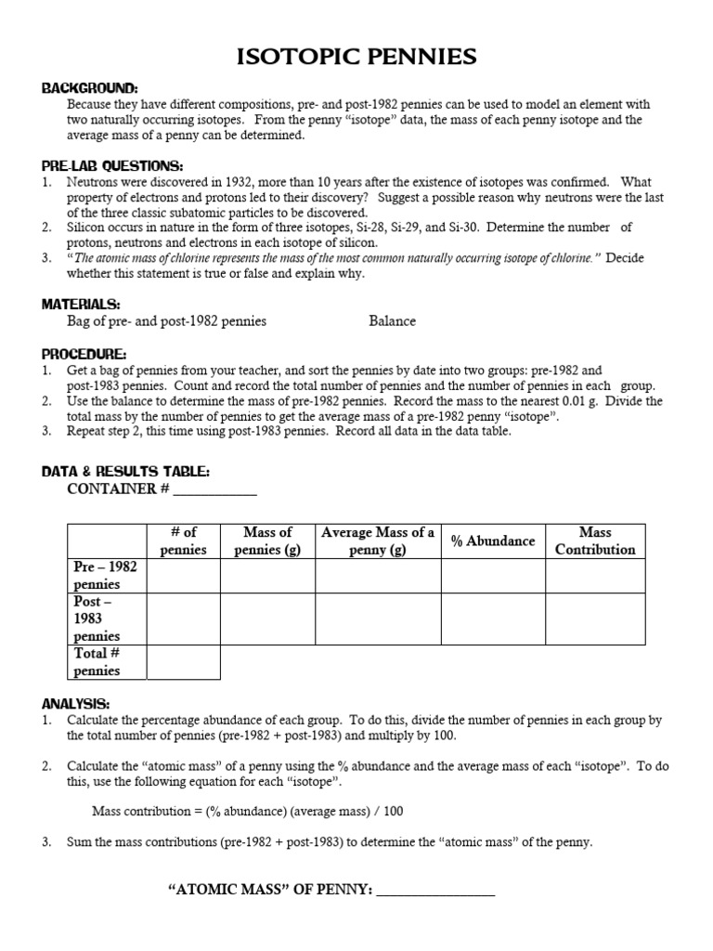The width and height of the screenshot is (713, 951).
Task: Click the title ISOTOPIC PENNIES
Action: [356, 58]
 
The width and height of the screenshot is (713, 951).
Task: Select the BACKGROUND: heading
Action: [89, 88]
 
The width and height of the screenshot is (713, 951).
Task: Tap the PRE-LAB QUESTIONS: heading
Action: [112, 165]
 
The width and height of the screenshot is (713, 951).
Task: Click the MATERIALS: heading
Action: [81, 304]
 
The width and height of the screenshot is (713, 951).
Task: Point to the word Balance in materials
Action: [392, 321]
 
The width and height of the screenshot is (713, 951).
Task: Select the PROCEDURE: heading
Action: [84, 353]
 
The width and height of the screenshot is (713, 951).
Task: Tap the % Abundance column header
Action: [493, 541]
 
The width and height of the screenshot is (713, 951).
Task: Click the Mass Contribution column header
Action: [595, 541]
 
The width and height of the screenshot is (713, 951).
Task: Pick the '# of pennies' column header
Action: [183, 541]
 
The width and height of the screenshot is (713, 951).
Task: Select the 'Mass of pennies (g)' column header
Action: [267, 541]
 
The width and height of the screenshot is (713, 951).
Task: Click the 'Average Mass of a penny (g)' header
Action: [378, 541]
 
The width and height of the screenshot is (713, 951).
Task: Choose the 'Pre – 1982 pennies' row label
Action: [106, 575]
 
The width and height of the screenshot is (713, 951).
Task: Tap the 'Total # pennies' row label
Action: [97, 661]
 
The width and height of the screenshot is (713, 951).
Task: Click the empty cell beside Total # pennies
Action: [183, 662]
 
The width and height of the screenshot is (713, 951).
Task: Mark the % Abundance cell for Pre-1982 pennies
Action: [493, 576]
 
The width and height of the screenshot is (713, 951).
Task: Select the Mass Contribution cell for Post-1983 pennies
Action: [595, 619]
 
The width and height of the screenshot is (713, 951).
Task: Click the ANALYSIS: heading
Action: [76, 703]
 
